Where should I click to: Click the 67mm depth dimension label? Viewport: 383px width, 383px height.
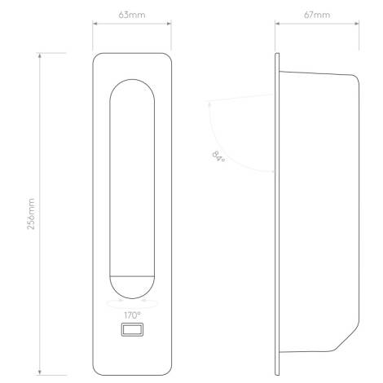pos(317,15)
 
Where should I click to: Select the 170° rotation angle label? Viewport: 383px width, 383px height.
pos(131,314)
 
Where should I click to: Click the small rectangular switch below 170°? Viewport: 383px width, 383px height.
pos(131,330)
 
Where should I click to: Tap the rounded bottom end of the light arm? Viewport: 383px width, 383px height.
pos(131,288)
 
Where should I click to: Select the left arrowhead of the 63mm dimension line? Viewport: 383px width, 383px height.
pos(95,24)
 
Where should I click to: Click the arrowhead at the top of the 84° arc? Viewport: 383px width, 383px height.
pos(210,102)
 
